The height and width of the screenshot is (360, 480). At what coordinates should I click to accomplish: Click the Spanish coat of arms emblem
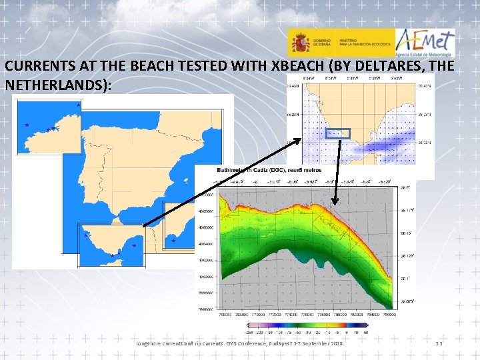300,43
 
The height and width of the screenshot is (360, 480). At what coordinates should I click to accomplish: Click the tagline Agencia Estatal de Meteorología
427,56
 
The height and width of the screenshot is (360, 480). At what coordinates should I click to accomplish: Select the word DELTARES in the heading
356,67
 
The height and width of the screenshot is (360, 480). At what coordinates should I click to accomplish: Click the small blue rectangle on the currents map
338,133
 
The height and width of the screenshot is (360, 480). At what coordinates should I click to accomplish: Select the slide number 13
439,343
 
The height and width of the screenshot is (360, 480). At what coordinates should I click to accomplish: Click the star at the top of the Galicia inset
78,105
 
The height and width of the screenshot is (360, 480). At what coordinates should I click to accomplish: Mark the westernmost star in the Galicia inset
27,125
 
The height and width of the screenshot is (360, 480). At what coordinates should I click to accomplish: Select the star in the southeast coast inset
173,241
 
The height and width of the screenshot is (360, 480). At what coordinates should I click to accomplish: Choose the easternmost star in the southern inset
134,246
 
